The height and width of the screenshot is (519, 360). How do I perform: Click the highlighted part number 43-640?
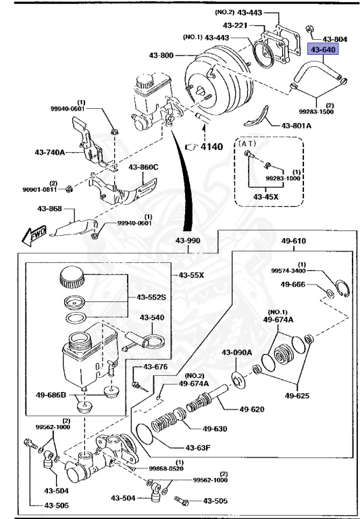click(322, 49)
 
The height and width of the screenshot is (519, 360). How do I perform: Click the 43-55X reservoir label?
click(192, 275)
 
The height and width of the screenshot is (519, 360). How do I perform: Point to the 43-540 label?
click(153, 318)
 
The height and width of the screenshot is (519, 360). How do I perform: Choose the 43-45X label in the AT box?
click(266, 197)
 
